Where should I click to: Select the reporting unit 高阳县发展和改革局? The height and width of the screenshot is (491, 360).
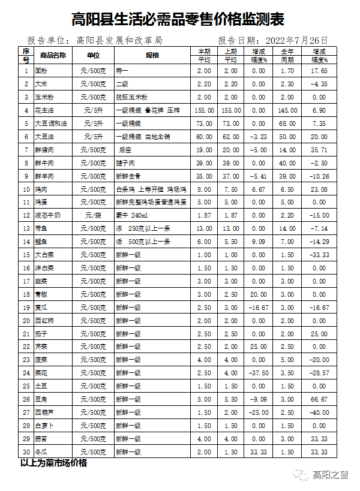pos(119,40)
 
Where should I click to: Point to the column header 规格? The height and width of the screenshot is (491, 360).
pos(152,55)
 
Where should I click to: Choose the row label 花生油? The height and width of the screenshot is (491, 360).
pos(46,110)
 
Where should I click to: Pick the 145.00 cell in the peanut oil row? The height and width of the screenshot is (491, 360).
pos(287,110)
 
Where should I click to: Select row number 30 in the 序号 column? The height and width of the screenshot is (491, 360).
pos(26,452)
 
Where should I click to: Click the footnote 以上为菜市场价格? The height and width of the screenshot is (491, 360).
pos(53,463)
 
